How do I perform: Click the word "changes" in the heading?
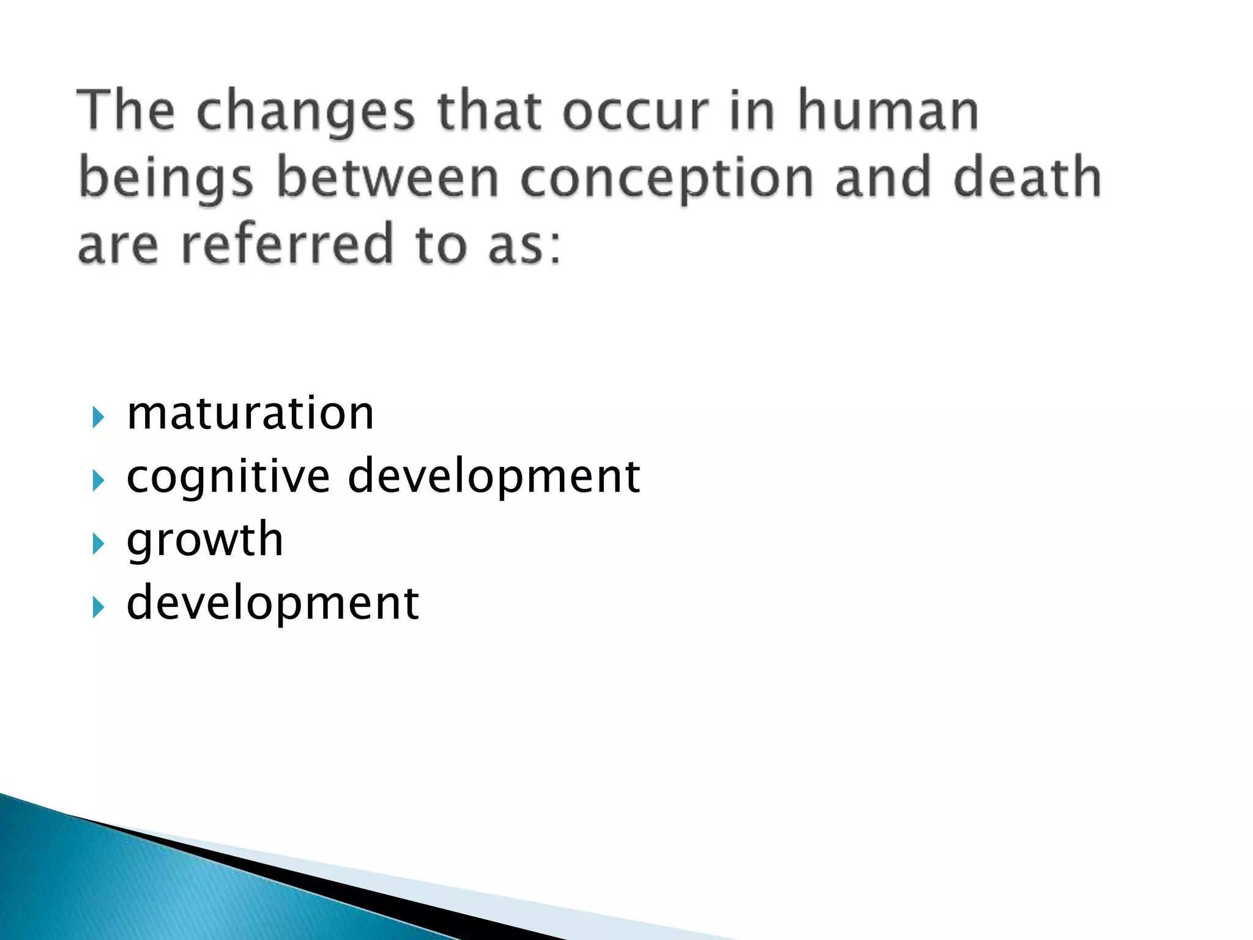[x=306, y=112]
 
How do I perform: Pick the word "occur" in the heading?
[x=635, y=112]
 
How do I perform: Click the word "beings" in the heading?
[x=165, y=179]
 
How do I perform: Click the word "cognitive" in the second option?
[x=228, y=477]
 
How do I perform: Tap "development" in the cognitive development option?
[x=494, y=477]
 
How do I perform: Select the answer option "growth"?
[x=205, y=540]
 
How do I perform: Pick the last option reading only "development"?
[x=273, y=603]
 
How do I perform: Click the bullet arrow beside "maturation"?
[x=98, y=419]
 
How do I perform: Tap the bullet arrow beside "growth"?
[x=98, y=544]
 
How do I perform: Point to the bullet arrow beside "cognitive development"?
[x=98, y=481]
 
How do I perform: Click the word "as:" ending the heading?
[x=524, y=245]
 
